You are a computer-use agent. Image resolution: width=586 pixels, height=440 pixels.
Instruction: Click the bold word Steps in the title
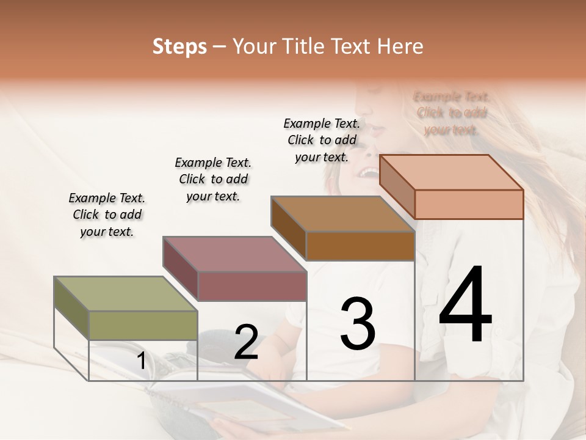point(179,46)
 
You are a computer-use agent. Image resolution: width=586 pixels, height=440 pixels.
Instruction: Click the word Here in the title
point(400,46)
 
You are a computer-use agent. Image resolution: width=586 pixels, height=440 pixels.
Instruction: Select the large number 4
point(465,306)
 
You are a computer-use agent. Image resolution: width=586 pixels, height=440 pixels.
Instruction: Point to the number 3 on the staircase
point(358,324)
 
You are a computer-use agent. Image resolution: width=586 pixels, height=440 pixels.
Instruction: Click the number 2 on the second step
point(246,343)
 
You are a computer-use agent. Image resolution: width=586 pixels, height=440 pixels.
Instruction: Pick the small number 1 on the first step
point(142,361)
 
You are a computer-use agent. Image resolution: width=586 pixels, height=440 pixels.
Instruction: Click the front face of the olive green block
point(143,325)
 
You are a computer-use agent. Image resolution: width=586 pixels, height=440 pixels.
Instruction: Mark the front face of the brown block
point(360,246)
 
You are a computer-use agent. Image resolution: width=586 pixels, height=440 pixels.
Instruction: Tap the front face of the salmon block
point(469,204)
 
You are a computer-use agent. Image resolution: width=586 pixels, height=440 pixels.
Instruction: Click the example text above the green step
point(107,215)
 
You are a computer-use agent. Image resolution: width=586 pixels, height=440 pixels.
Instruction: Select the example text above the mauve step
point(213,179)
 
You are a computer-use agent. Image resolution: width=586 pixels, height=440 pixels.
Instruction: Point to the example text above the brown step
point(322,140)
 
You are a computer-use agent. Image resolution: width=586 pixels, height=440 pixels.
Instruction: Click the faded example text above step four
point(451,113)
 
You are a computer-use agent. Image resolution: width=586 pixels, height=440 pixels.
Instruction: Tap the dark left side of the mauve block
point(181,268)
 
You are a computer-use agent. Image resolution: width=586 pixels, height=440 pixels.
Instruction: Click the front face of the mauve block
point(252,286)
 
